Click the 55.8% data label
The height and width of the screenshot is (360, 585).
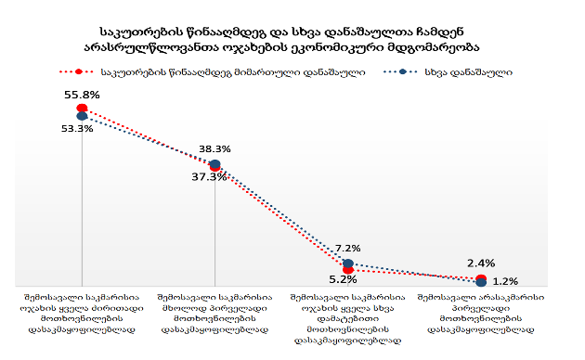click(82, 95)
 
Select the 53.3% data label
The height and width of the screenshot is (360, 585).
click(77, 129)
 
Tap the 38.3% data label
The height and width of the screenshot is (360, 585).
click(214, 149)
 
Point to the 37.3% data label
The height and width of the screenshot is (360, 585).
click(209, 176)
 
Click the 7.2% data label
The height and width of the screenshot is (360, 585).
click(347, 249)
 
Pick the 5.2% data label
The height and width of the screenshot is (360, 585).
click(343, 279)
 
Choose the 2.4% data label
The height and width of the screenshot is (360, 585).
click(481, 264)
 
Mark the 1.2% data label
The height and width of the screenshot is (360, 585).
click(505, 281)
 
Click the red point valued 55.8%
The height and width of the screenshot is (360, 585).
click(82, 108)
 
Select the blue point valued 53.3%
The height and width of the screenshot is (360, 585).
click(82, 116)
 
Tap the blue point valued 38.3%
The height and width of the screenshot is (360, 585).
click(214, 164)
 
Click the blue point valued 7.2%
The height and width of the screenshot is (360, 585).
click(347, 264)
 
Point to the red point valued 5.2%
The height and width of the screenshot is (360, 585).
click(347, 269)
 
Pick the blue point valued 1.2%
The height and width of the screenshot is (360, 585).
click(481, 282)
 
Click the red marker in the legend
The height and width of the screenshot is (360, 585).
click(78, 71)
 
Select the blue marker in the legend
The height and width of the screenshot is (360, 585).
click(402, 71)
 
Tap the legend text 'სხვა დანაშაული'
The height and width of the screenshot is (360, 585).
click(468, 72)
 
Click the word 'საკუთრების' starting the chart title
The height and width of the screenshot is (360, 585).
click(142, 32)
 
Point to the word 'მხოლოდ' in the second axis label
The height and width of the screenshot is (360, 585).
click(178, 308)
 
